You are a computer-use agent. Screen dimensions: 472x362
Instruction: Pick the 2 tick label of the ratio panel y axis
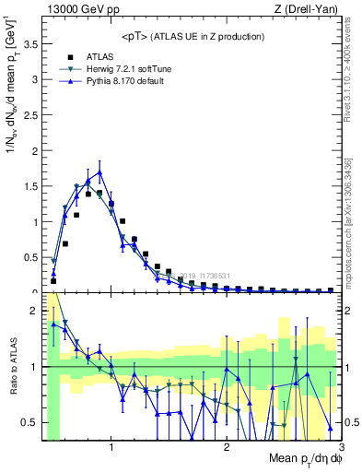pos(36,311)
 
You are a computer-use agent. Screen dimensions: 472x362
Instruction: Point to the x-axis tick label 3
pos(341,448)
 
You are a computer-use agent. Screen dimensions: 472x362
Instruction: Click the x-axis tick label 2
pos(227,448)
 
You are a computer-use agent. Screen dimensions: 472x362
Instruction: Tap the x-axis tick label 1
pos(111,448)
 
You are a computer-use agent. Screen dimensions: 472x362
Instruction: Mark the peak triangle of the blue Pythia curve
pos(99,172)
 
